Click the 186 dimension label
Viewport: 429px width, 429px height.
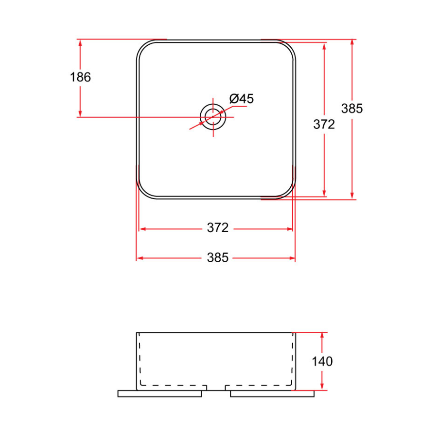pos(80,77)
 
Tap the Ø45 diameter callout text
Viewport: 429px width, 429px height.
pos(242,99)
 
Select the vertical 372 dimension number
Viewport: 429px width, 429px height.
pos(324,124)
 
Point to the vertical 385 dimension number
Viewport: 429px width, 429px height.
pos(352,109)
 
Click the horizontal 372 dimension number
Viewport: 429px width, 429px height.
pos(218,228)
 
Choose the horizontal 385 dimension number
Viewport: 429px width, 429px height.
pos(218,258)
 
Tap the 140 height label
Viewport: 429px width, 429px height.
pos(322,361)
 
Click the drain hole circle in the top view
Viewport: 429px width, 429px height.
pos(213,116)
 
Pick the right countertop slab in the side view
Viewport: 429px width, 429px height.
pos(272,393)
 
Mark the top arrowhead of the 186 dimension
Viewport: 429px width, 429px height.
pos(80,43)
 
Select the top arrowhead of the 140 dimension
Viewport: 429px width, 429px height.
pos(322,336)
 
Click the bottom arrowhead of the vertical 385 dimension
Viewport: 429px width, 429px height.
pos(352,195)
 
